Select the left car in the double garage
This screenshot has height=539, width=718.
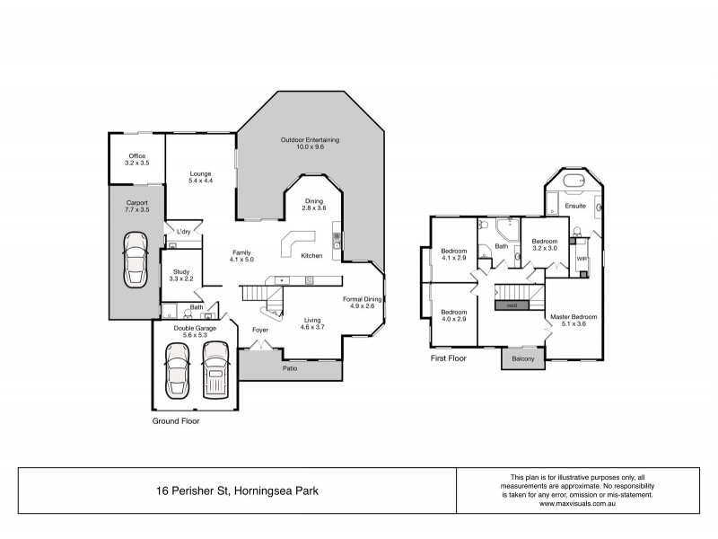(x=175, y=374)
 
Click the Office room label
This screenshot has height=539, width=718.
(x=137, y=156)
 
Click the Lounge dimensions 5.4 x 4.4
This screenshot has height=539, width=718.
(x=198, y=181)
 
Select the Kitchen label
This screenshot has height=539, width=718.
(x=311, y=256)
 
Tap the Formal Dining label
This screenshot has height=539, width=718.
(x=363, y=298)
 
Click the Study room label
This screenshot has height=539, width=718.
(x=181, y=271)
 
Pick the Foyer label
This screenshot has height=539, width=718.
(x=260, y=329)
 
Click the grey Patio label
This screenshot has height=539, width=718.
(x=290, y=368)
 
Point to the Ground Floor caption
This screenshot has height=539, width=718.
(x=176, y=420)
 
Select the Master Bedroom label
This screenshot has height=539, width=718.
(x=574, y=316)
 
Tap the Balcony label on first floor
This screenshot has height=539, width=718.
(x=523, y=359)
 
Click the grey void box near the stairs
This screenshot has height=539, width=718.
(x=512, y=305)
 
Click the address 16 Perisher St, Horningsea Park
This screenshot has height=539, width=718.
(x=236, y=491)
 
